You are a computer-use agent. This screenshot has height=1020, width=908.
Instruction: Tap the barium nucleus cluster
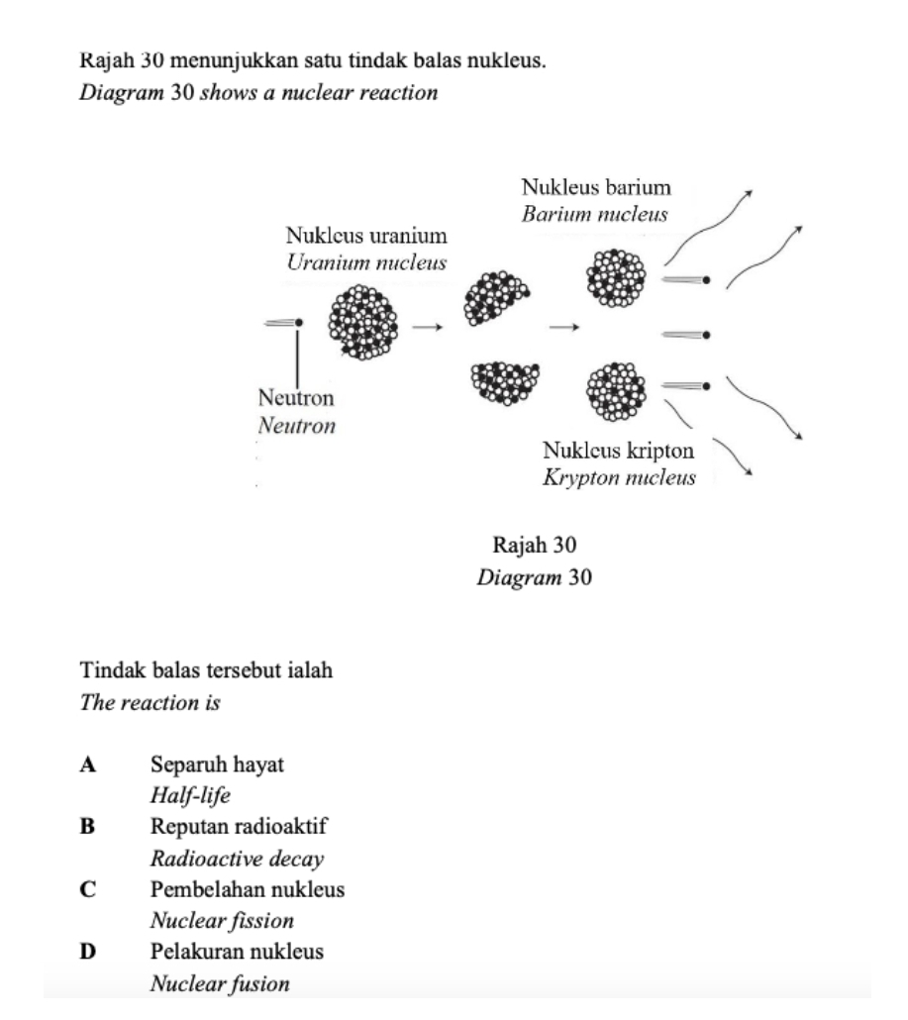[x=616, y=276]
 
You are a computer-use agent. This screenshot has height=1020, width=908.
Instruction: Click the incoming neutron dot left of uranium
[x=296, y=322]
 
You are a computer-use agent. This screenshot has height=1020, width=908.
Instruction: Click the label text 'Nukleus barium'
[x=596, y=187]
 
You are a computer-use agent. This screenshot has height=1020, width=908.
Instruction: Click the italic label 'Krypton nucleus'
[x=619, y=477]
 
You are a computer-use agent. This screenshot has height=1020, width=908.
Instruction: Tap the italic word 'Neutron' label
[x=296, y=427]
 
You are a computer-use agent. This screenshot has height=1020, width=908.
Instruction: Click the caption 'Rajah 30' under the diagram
[x=535, y=546]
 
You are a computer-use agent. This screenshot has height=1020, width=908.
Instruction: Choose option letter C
[x=88, y=889]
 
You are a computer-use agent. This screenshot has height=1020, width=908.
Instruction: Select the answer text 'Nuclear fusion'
[x=220, y=984]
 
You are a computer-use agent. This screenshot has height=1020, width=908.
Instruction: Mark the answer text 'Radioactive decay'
[x=238, y=859]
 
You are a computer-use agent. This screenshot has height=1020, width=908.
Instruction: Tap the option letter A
[x=88, y=765]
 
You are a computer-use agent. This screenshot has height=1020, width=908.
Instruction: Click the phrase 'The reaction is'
[x=150, y=703]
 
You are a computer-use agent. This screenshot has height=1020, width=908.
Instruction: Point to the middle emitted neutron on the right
[x=705, y=335]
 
